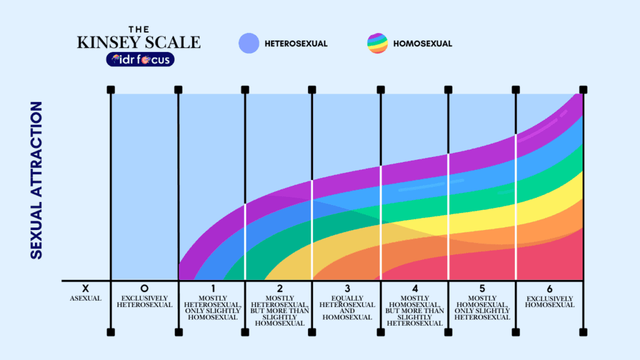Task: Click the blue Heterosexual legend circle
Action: click(x=249, y=43)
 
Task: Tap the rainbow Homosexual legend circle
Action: click(x=377, y=43)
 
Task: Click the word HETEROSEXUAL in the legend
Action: click(x=296, y=44)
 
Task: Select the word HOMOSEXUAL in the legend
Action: click(x=422, y=44)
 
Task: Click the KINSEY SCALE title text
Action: click(x=139, y=42)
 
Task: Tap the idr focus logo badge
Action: click(x=140, y=59)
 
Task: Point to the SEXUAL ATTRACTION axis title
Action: click(x=36, y=180)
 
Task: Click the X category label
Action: click(x=85, y=288)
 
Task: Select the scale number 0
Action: click(x=144, y=288)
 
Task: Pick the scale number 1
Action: click(x=212, y=288)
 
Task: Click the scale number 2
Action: click(x=280, y=288)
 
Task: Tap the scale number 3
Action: click(x=347, y=288)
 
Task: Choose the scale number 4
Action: click(x=415, y=288)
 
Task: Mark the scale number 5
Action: click(x=482, y=288)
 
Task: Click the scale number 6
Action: click(x=549, y=288)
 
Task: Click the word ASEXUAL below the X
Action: click(x=85, y=298)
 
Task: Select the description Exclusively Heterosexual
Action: click(x=144, y=301)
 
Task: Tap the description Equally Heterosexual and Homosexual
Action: click(x=347, y=307)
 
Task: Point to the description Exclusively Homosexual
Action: click(x=549, y=301)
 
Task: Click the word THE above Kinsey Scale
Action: click(x=138, y=29)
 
